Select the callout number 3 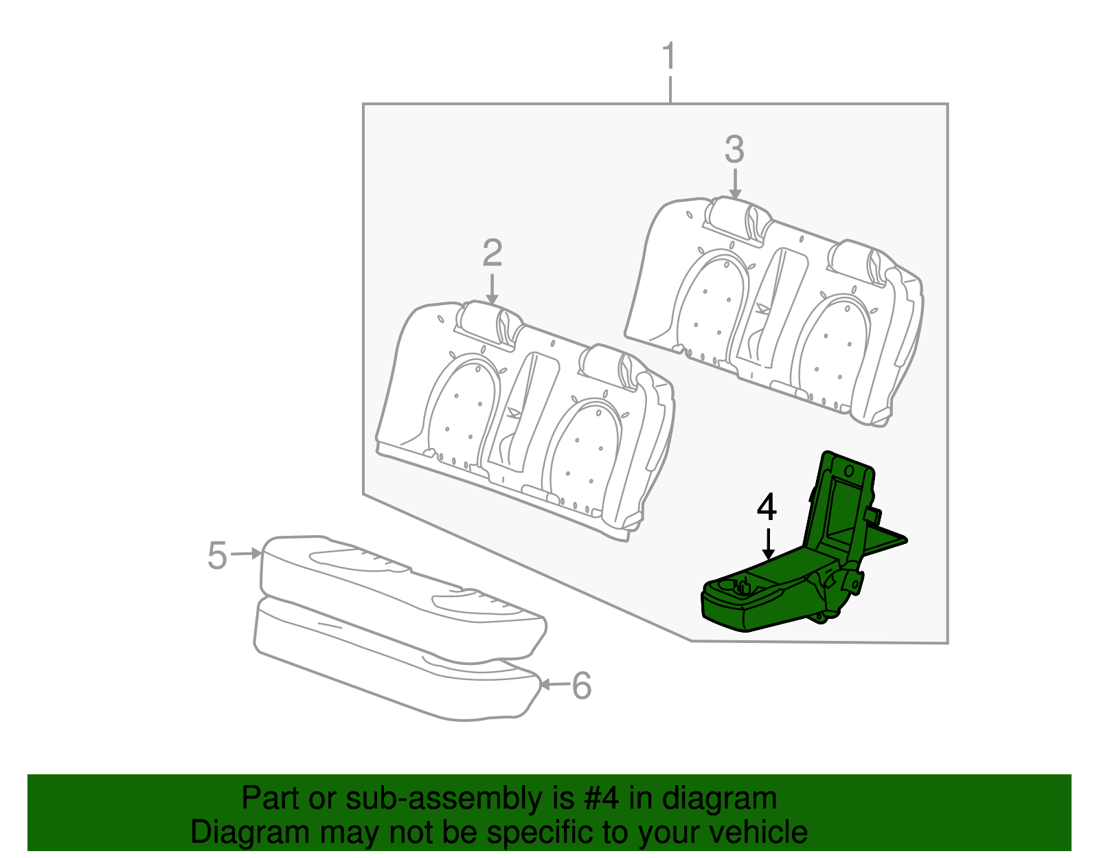click(734, 149)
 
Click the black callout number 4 click(767, 508)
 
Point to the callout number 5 click(217, 555)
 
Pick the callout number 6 click(582, 686)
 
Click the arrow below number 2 click(492, 289)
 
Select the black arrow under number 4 click(768, 543)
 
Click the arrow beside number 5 click(246, 553)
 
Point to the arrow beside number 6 click(555, 684)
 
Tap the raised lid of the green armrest click(841, 501)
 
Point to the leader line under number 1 click(670, 89)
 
